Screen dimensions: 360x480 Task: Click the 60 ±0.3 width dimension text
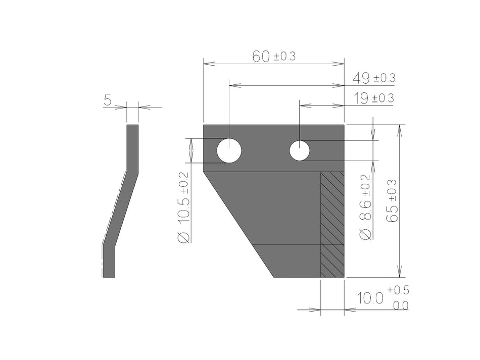(273, 57)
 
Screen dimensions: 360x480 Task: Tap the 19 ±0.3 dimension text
(373, 98)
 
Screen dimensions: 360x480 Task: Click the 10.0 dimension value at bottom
(369, 298)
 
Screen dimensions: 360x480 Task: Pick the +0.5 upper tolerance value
(399, 291)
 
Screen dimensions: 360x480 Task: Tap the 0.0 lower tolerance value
(401, 305)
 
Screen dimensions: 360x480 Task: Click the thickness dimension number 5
(108, 100)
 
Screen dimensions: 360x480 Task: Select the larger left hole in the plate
(229, 151)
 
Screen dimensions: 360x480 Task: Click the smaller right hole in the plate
(300, 150)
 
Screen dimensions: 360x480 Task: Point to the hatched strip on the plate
(332, 224)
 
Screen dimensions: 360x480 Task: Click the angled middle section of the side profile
(120, 207)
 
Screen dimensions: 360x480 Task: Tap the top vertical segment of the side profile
(132, 146)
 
